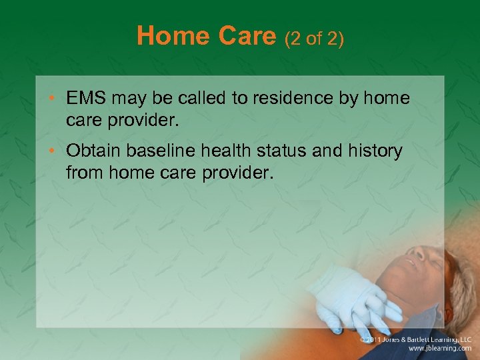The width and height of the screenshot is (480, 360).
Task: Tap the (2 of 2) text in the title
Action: click(x=314, y=39)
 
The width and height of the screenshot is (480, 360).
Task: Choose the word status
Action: click(x=283, y=151)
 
